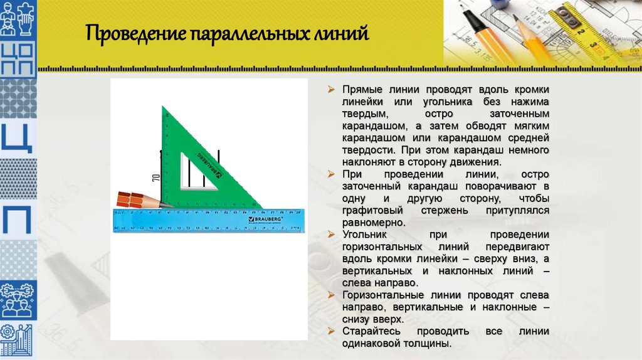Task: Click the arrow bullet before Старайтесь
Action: [333, 331]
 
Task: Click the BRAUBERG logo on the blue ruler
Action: [266, 220]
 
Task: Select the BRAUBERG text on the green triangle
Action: [208, 162]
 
